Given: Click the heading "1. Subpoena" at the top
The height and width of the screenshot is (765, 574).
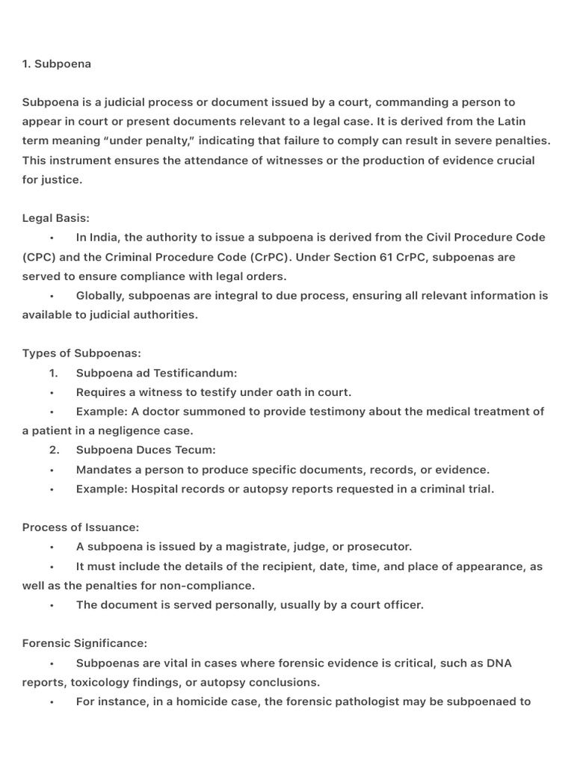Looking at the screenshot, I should click(57, 64).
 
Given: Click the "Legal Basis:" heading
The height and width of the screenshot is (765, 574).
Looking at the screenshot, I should click(56, 218).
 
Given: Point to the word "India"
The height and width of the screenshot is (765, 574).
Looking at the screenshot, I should click(104, 238).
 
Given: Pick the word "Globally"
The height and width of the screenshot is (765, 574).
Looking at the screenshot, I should click(100, 296).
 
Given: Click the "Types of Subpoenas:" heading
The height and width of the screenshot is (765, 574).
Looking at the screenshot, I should click(81, 353).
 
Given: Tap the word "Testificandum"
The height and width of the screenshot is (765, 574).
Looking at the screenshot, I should click(192, 373).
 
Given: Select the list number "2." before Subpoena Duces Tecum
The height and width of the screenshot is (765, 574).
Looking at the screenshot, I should click(54, 450).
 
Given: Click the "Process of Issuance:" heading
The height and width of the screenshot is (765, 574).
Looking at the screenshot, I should click(81, 527).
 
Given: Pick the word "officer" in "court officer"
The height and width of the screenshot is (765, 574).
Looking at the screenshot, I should click(402, 605).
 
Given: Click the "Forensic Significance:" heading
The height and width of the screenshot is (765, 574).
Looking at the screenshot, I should click(84, 643).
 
